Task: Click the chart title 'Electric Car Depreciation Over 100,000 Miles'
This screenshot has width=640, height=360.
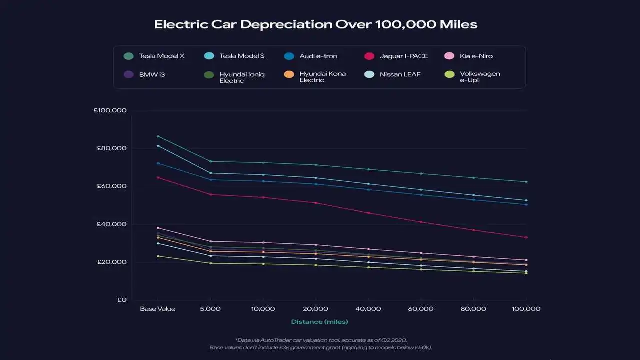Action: pyautogui.click(x=315, y=24)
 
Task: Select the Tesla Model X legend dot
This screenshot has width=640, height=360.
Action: pyautogui.click(x=128, y=56)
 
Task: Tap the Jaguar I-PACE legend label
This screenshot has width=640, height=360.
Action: pyautogui.click(x=403, y=56)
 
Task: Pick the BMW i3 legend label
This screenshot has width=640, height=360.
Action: pyautogui.click(x=152, y=75)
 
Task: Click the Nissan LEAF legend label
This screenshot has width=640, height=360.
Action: pyautogui.click(x=400, y=75)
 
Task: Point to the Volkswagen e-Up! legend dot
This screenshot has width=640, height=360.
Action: pyautogui.click(x=449, y=75)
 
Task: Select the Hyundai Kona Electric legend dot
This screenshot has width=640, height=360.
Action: pyautogui.click(x=289, y=75)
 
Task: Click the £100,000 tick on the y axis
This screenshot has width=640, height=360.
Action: pyautogui.click(x=110, y=110)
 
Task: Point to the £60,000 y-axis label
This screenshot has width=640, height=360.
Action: pyautogui.click(x=111, y=186)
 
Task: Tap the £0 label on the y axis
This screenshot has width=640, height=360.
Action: pyautogui.click(x=122, y=300)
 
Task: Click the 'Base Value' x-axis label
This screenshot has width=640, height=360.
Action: pyautogui.click(x=157, y=309)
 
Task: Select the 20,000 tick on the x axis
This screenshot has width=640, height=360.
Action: pyautogui.click(x=315, y=309)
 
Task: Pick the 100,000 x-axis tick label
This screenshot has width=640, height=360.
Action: pyautogui.click(x=526, y=309)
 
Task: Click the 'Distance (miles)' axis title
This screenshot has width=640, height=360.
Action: pyautogui.click(x=319, y=322)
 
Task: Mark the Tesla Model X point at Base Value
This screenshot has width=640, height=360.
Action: pyautogui.click(x=158, y=136)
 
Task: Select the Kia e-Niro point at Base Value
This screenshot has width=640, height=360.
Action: pyautogui.click(x=158, y=228)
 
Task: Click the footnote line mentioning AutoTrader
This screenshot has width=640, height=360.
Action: pyautogui.click(x=321, y=340)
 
